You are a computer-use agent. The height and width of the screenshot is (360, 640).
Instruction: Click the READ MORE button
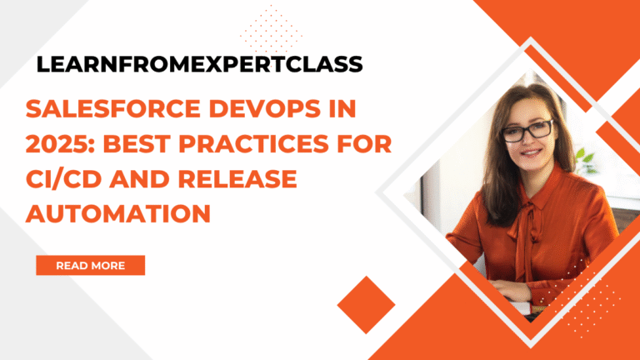pyautogui.click(x=90, y=265)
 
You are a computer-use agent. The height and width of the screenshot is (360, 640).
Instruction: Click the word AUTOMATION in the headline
pyautogui.click(x=117, y=212)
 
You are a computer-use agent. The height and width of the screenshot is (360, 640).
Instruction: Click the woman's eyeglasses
pyautogui.click(x=527, y=130)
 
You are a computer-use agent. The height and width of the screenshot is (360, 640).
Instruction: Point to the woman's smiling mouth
pyautogui.click(x=528, y=154)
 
